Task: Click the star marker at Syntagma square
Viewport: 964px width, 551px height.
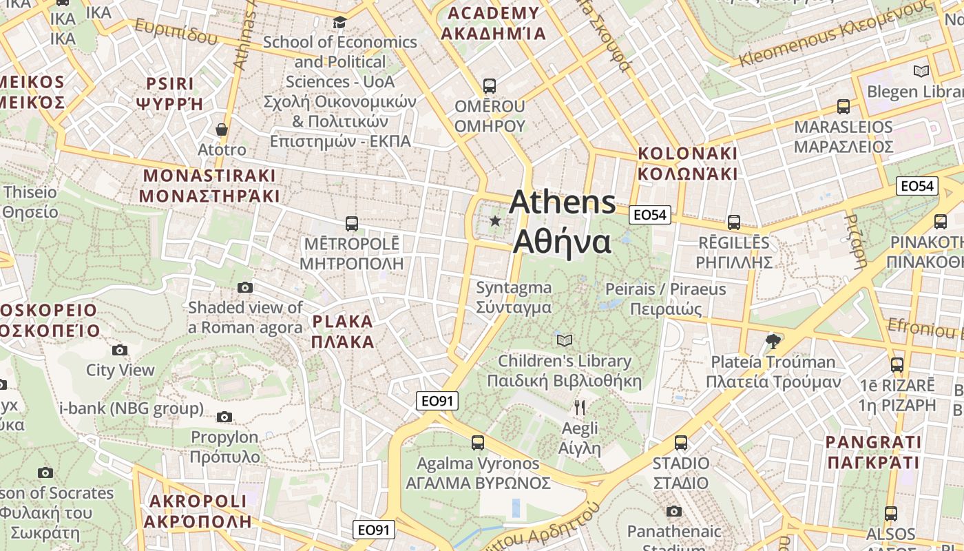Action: [x=495, y=221]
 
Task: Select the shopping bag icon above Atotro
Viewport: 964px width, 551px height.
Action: [x=222, y=129]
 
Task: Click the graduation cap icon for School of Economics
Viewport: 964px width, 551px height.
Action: [x=339, y=23]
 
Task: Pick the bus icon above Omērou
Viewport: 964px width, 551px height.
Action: [x=490, y=86]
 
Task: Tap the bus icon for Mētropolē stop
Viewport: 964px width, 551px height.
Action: [x=352, y=224]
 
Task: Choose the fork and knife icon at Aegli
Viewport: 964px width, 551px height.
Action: [x=580, y=408]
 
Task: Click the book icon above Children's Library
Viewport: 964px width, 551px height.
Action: [x=565, y=340]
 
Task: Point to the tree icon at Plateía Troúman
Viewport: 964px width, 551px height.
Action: [x=773, y=341]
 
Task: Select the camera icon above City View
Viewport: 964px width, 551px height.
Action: [x=120, y=350]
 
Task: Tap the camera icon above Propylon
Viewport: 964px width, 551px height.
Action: [x=224, y=417]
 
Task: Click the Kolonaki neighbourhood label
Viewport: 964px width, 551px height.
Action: [x=687, y=163]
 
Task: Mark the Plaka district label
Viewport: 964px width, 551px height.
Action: [x=343, y=331]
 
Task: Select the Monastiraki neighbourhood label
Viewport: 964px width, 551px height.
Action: [x=209, y=186]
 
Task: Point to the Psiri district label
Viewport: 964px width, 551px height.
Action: [x=170, y=94]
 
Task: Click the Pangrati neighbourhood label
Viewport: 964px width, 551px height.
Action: [x=873, y=452]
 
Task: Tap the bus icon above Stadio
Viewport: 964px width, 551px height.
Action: [x=681, y=443]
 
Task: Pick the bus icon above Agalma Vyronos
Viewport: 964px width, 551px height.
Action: [x=478, y=443]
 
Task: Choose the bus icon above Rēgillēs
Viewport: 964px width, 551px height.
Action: [x=734, y=222]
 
